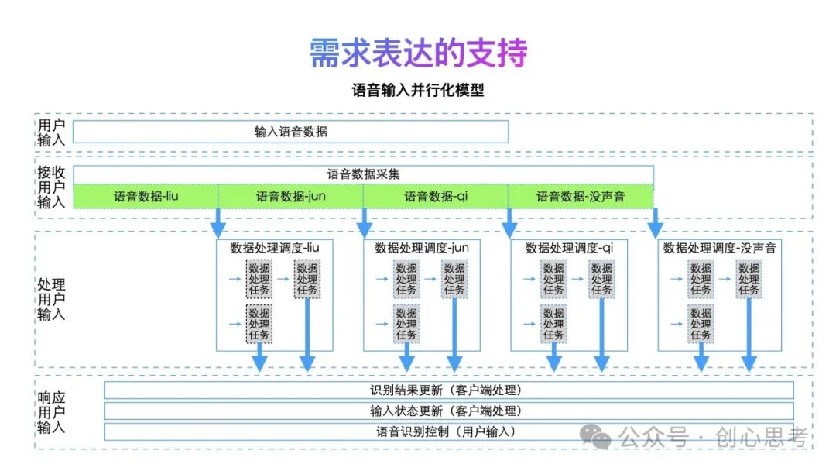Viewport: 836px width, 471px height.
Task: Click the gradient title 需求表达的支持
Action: [x=418, y=53]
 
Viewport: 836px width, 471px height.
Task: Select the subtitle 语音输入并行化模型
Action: [x=418, y=91]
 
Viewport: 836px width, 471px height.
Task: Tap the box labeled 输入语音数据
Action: [x=290, y=132]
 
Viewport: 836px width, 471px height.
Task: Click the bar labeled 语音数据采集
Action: [x=363, y=174]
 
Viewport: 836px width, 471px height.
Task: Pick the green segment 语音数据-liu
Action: [x=146, y=197]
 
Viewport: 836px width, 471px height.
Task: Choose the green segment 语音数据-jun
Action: [x=290, y=197]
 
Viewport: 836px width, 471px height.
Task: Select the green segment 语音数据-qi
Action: [x=436, y=197]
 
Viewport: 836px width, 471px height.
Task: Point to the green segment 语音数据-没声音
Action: [x=581, y=197]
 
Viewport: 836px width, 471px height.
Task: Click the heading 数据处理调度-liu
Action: [x=275, y=248]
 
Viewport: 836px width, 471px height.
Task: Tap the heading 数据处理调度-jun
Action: [x=422, y=248]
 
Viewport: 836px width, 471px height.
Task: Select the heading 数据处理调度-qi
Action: [x=569, y=248]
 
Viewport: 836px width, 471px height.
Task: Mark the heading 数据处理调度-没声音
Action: [x=719, y=248]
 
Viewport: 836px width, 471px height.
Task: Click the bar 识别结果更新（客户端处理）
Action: [x=449, y=390]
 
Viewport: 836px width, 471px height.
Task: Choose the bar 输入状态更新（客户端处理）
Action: [x=449, y=411]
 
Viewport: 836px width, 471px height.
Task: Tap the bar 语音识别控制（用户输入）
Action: [x=449, y=431]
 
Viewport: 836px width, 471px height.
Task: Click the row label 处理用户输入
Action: [x=51, y=300]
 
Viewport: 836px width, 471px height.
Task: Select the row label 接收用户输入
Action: [x=51, y=187]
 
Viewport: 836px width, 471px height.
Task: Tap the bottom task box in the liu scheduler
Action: [x=259, y=324]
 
